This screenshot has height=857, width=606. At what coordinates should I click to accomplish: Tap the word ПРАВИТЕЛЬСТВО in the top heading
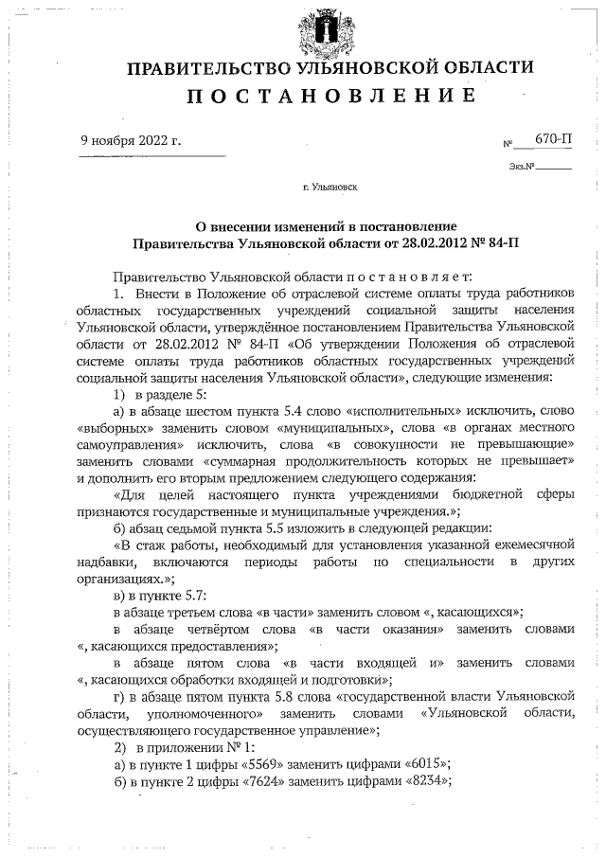point(211,68)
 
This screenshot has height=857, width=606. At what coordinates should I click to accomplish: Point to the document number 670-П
point(553,138)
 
